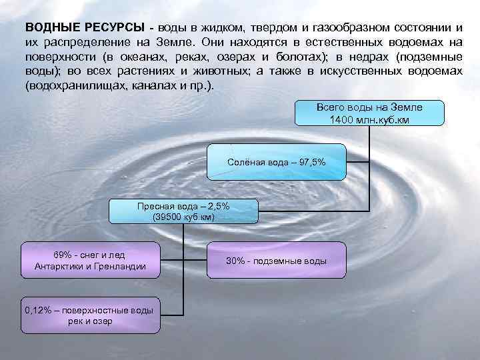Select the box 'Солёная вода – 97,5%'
[x=276, y=161]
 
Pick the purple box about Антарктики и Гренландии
[x=90, y=261]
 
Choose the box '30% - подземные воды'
[x=276, y=261]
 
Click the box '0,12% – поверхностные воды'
[x=90, y=315]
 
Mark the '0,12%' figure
[x=37, y=310]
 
